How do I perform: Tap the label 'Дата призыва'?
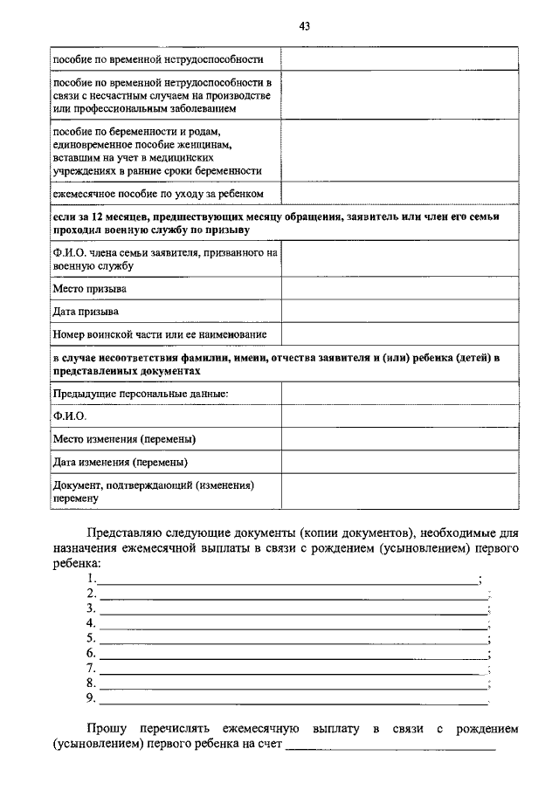pos(86,311)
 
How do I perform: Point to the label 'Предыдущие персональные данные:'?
pos(141,395)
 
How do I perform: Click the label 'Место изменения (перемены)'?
pos(124,438)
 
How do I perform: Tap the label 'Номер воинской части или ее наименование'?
pos(160,333)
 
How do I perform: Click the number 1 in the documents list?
pos(92,579)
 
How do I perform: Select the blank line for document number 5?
pos(293,638)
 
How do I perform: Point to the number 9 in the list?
pos(92,697)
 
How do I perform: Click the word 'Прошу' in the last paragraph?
pos(105,728)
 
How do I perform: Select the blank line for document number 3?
pos(293,608)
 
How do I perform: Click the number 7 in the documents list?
pos(92,668)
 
